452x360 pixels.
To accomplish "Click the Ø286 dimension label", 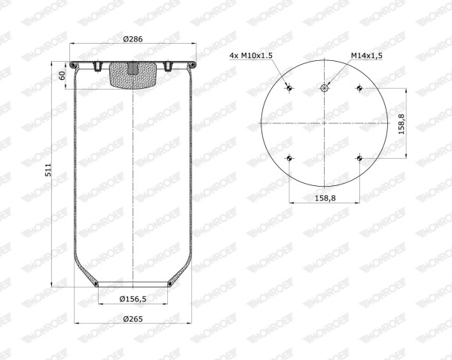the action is click(x=133, y=39).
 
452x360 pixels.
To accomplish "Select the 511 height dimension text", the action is click(x=48, y=170).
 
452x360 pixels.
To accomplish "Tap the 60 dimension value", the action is click(x=62, y=76).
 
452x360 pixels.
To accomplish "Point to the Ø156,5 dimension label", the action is click(x=133, y=299).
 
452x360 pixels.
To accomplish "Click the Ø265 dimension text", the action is click(x=133, y=319).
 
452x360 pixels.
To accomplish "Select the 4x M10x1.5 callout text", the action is click(x=251, y=55).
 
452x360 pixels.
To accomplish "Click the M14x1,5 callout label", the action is click(x=367, y=55).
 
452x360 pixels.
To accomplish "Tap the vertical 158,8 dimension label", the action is click(x=402, y=124).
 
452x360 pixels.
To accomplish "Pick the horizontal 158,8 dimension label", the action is click(x=325, y=198).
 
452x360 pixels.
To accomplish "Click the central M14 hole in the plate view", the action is click(x=324, y=88).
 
